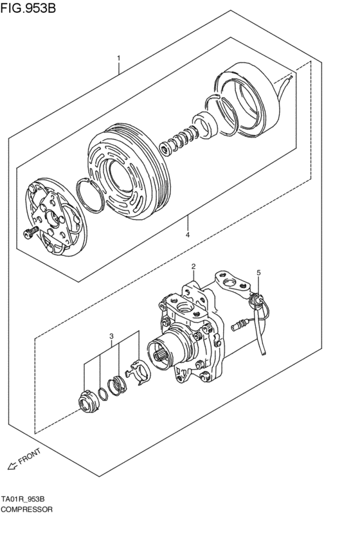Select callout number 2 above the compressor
coord(192,266)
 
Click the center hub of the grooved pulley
coord(120,173)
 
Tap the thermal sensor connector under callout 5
coord(256,299)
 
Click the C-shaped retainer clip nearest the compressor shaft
coord(137,374)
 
